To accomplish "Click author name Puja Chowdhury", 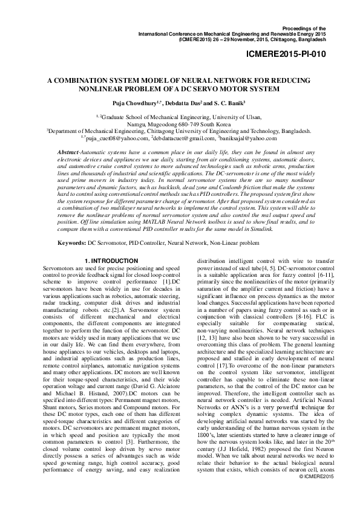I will [133, 102].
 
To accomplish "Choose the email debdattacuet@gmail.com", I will [181, 138].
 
